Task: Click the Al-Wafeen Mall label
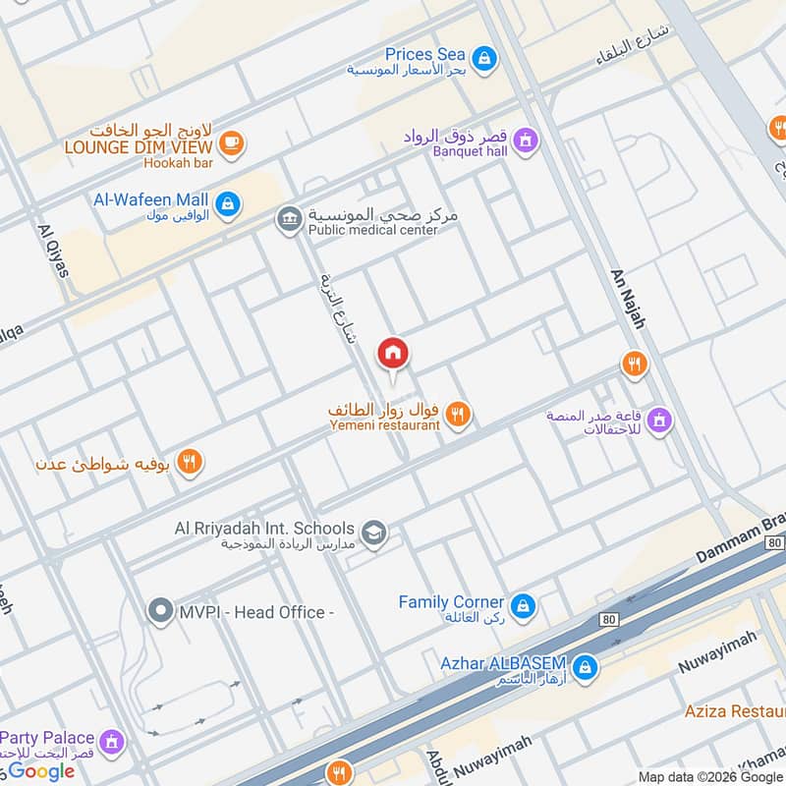pyautogui.click(x=150, y=200)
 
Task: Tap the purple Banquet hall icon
pyautogui.click(x=526, y=140)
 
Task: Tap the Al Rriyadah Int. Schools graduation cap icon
pyautogui.click(x=373, y=533)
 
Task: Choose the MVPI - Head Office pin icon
pyautogui.click(x=160, y=612)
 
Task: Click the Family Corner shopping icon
pyautogui.click(x=522, y=603)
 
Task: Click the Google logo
pyautogui.click(x=41, y=771)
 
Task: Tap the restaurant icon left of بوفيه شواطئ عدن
pyautogui.click(x=191, y=461)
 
